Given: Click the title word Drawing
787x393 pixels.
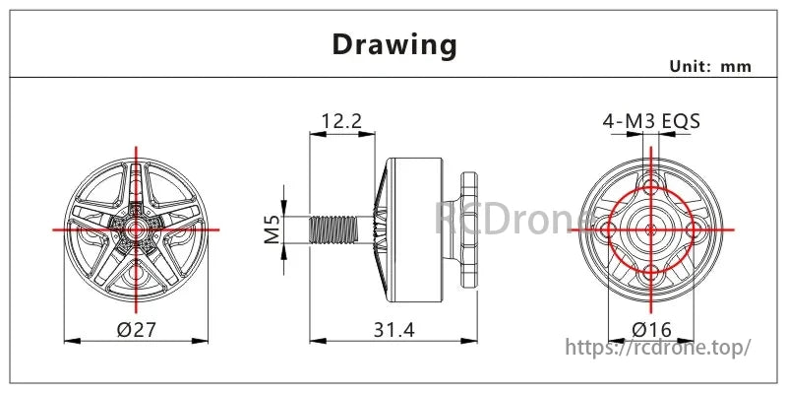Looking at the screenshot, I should pos(393,44).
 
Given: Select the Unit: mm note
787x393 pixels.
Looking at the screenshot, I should pos(710,66).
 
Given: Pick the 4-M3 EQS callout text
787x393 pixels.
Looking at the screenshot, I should pos(651,121).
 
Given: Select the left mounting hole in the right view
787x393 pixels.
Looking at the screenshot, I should pos(610,229).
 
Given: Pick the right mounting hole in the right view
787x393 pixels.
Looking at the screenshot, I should pos(694,229).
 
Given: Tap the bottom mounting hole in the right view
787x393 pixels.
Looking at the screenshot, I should pos(651,270).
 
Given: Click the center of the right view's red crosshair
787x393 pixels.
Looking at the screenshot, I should pos(651,229).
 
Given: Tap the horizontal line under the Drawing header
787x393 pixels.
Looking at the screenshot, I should pos(393,77).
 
